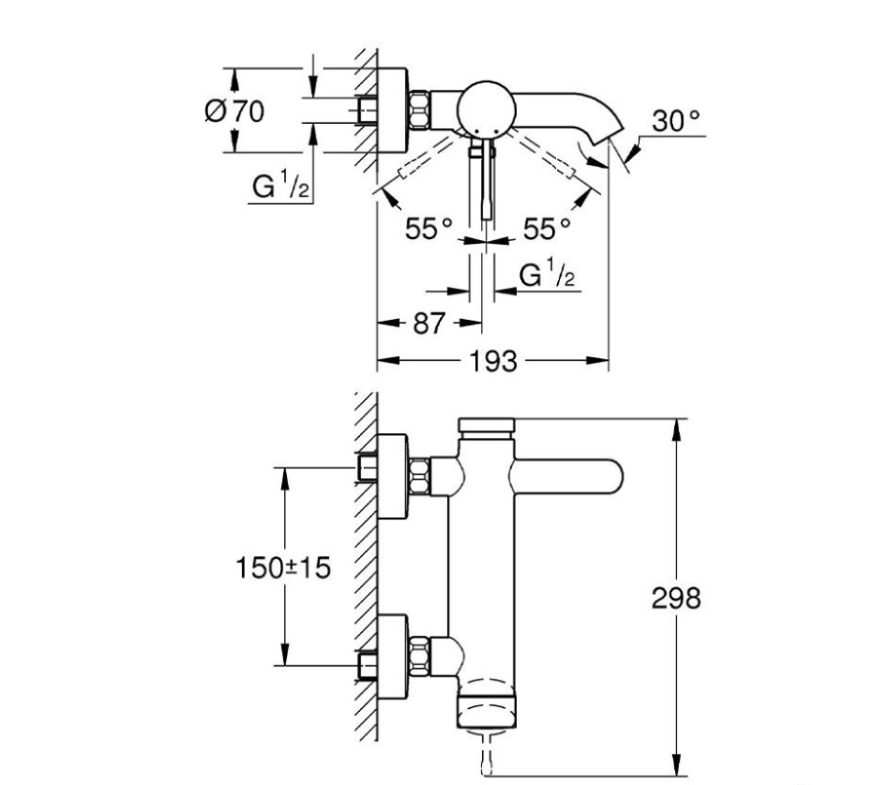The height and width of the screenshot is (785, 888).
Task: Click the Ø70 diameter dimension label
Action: [234, 111]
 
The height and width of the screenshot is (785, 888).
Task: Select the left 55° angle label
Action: [429, 227]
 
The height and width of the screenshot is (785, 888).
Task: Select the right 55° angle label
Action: [547, 227]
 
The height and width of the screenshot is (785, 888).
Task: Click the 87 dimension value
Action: [428, 324]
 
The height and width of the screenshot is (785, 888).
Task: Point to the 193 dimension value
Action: [493, 361]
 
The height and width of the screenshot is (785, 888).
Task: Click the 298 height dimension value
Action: [676, 598]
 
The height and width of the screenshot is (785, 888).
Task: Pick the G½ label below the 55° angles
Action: [547, 276]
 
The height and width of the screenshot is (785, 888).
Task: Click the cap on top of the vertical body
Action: [486, 426]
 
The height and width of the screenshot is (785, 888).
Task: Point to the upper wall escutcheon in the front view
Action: [393, 476]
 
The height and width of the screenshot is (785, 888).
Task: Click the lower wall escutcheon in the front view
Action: [393, 657]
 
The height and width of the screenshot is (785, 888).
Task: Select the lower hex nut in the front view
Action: [419, 656]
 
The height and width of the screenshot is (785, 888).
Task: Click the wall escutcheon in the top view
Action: [393, 110]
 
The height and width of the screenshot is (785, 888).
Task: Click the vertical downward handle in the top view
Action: [486, 183]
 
